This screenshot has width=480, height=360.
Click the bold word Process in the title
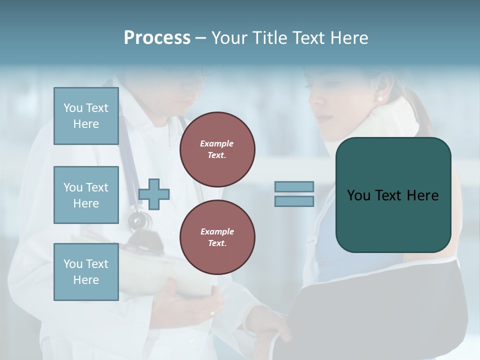pos(157,38)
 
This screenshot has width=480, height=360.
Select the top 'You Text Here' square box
pos(86,116)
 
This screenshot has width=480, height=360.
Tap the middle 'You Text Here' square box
pos(86,195)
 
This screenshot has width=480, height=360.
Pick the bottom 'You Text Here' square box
pos(86,272)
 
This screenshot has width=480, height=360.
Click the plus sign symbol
pos(154,194)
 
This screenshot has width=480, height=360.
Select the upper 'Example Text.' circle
pos(217,149)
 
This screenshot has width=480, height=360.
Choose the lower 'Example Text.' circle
pos(217,237)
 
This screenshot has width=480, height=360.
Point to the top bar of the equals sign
pos(294,186)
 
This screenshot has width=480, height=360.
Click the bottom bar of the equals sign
pos(294,201)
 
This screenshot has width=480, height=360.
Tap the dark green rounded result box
pos(393,195)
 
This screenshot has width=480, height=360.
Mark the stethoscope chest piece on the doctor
pos(138,220)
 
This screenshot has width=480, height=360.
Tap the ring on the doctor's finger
pos(212,314)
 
